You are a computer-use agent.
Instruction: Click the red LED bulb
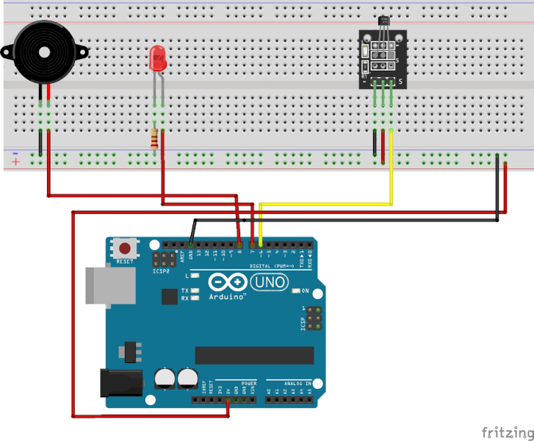pyautogui.click(x=156, y=60)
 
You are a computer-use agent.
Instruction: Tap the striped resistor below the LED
pyautogui.click(x=154, y=139)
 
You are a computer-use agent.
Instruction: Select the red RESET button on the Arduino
pyautogui.click(x=125, y=248)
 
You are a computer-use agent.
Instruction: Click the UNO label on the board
pyautogui.click(x=270, y=282)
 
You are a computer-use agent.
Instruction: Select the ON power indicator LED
pyautogui.click(x=296, y=291)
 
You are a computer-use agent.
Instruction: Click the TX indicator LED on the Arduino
pyautogui.click(x=195, y=291)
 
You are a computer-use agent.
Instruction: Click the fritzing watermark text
pyautogui.click(x=506, y=431)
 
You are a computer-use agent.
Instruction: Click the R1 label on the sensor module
pyautogui.click(x=366, y=76)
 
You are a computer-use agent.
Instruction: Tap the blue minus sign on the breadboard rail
pyautogui.click(x=15, y=153)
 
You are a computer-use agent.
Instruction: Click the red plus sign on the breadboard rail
pyautogui.click(x=15, y=161)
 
